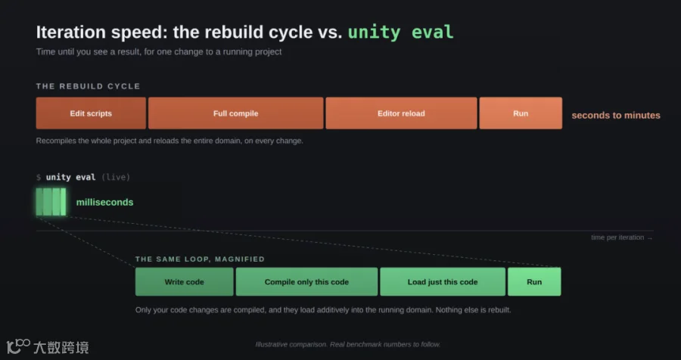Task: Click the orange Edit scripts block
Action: [x=91, y=113]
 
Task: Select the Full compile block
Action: [x=236, y=113]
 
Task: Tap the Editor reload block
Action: [x=401, y=113]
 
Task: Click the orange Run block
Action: [x=521, y=113]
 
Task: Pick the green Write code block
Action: [x=184, y=282]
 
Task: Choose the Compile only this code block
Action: [x=306, y=282]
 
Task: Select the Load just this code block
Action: [x=443, y=282]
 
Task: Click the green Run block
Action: [x=534, y=282]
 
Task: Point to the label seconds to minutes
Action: [x=616, y=116]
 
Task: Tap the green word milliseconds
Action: [x=104, y=203]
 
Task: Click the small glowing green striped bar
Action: [x=51, y=202]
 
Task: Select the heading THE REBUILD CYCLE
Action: [x=89, y=86]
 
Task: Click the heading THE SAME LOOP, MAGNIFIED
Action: [x=200, y=259]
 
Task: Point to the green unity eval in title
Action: [x=400, y=32]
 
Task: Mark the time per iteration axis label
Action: [x=621, y=237]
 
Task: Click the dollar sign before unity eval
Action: [x=39, y=177]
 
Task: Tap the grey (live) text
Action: [x=116, y=177]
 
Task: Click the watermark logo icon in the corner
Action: [x=18, y=346]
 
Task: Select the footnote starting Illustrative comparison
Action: [x=348, y=344]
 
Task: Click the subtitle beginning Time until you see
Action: [x=159, y=51]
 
